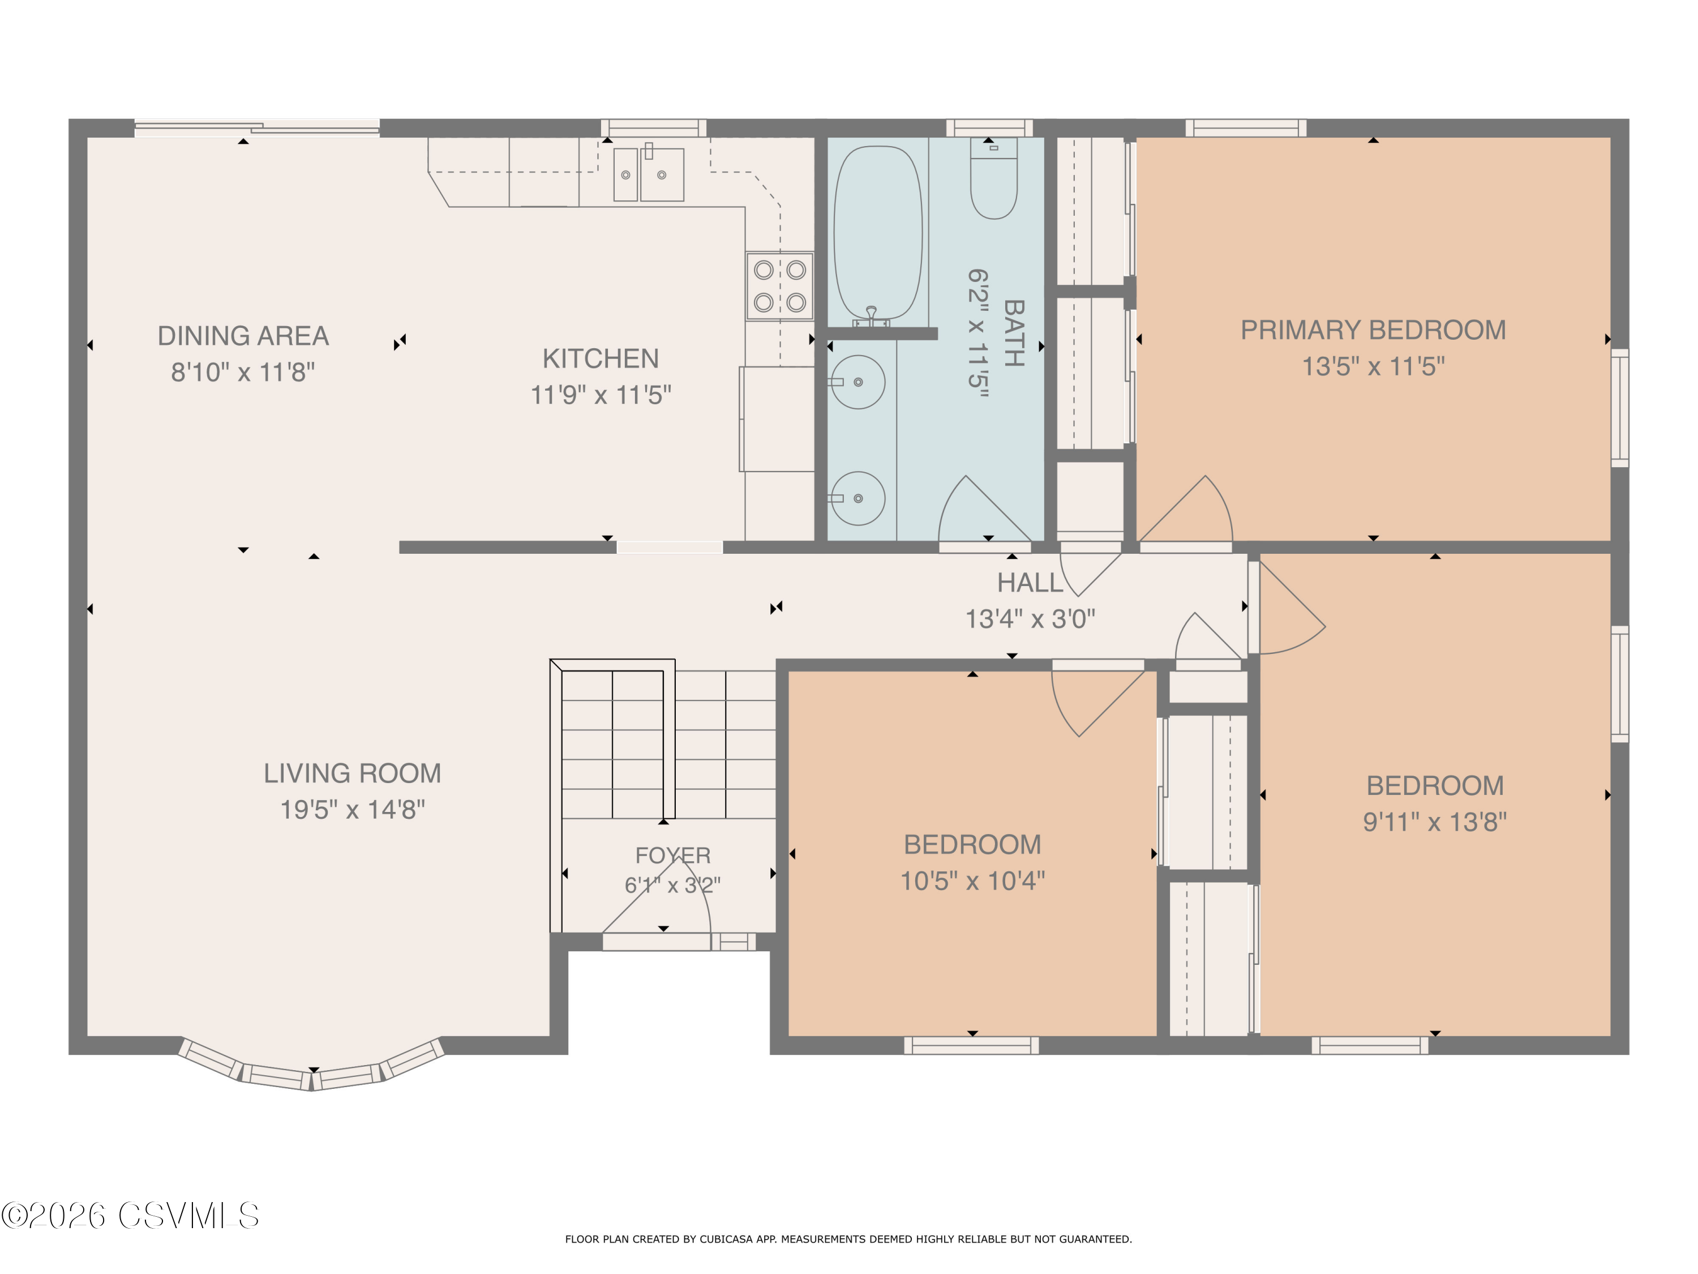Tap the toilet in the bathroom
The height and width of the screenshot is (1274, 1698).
[993, 178]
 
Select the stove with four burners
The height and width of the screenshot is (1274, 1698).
[779, 286]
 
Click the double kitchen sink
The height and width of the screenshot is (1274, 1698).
[649, 174]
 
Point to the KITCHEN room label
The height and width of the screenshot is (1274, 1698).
[601, 358]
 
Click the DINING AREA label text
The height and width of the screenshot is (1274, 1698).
[243, 336]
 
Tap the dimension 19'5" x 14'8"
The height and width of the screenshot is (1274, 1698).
[353, 809]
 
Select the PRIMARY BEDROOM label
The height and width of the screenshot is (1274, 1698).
[1373, 330]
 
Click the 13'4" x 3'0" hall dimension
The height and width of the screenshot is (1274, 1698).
[1030, 618]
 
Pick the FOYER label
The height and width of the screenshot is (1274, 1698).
[672, 856]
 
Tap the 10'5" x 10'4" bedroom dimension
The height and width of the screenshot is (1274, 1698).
[972, 881]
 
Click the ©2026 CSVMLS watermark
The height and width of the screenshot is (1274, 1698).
[131, 1216]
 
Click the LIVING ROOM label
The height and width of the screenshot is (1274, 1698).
[353, 773]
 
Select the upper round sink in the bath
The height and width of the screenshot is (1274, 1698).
[857, 382]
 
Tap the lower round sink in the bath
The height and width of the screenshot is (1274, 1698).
[857, 498]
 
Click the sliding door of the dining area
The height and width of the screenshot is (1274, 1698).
[257, 128]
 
